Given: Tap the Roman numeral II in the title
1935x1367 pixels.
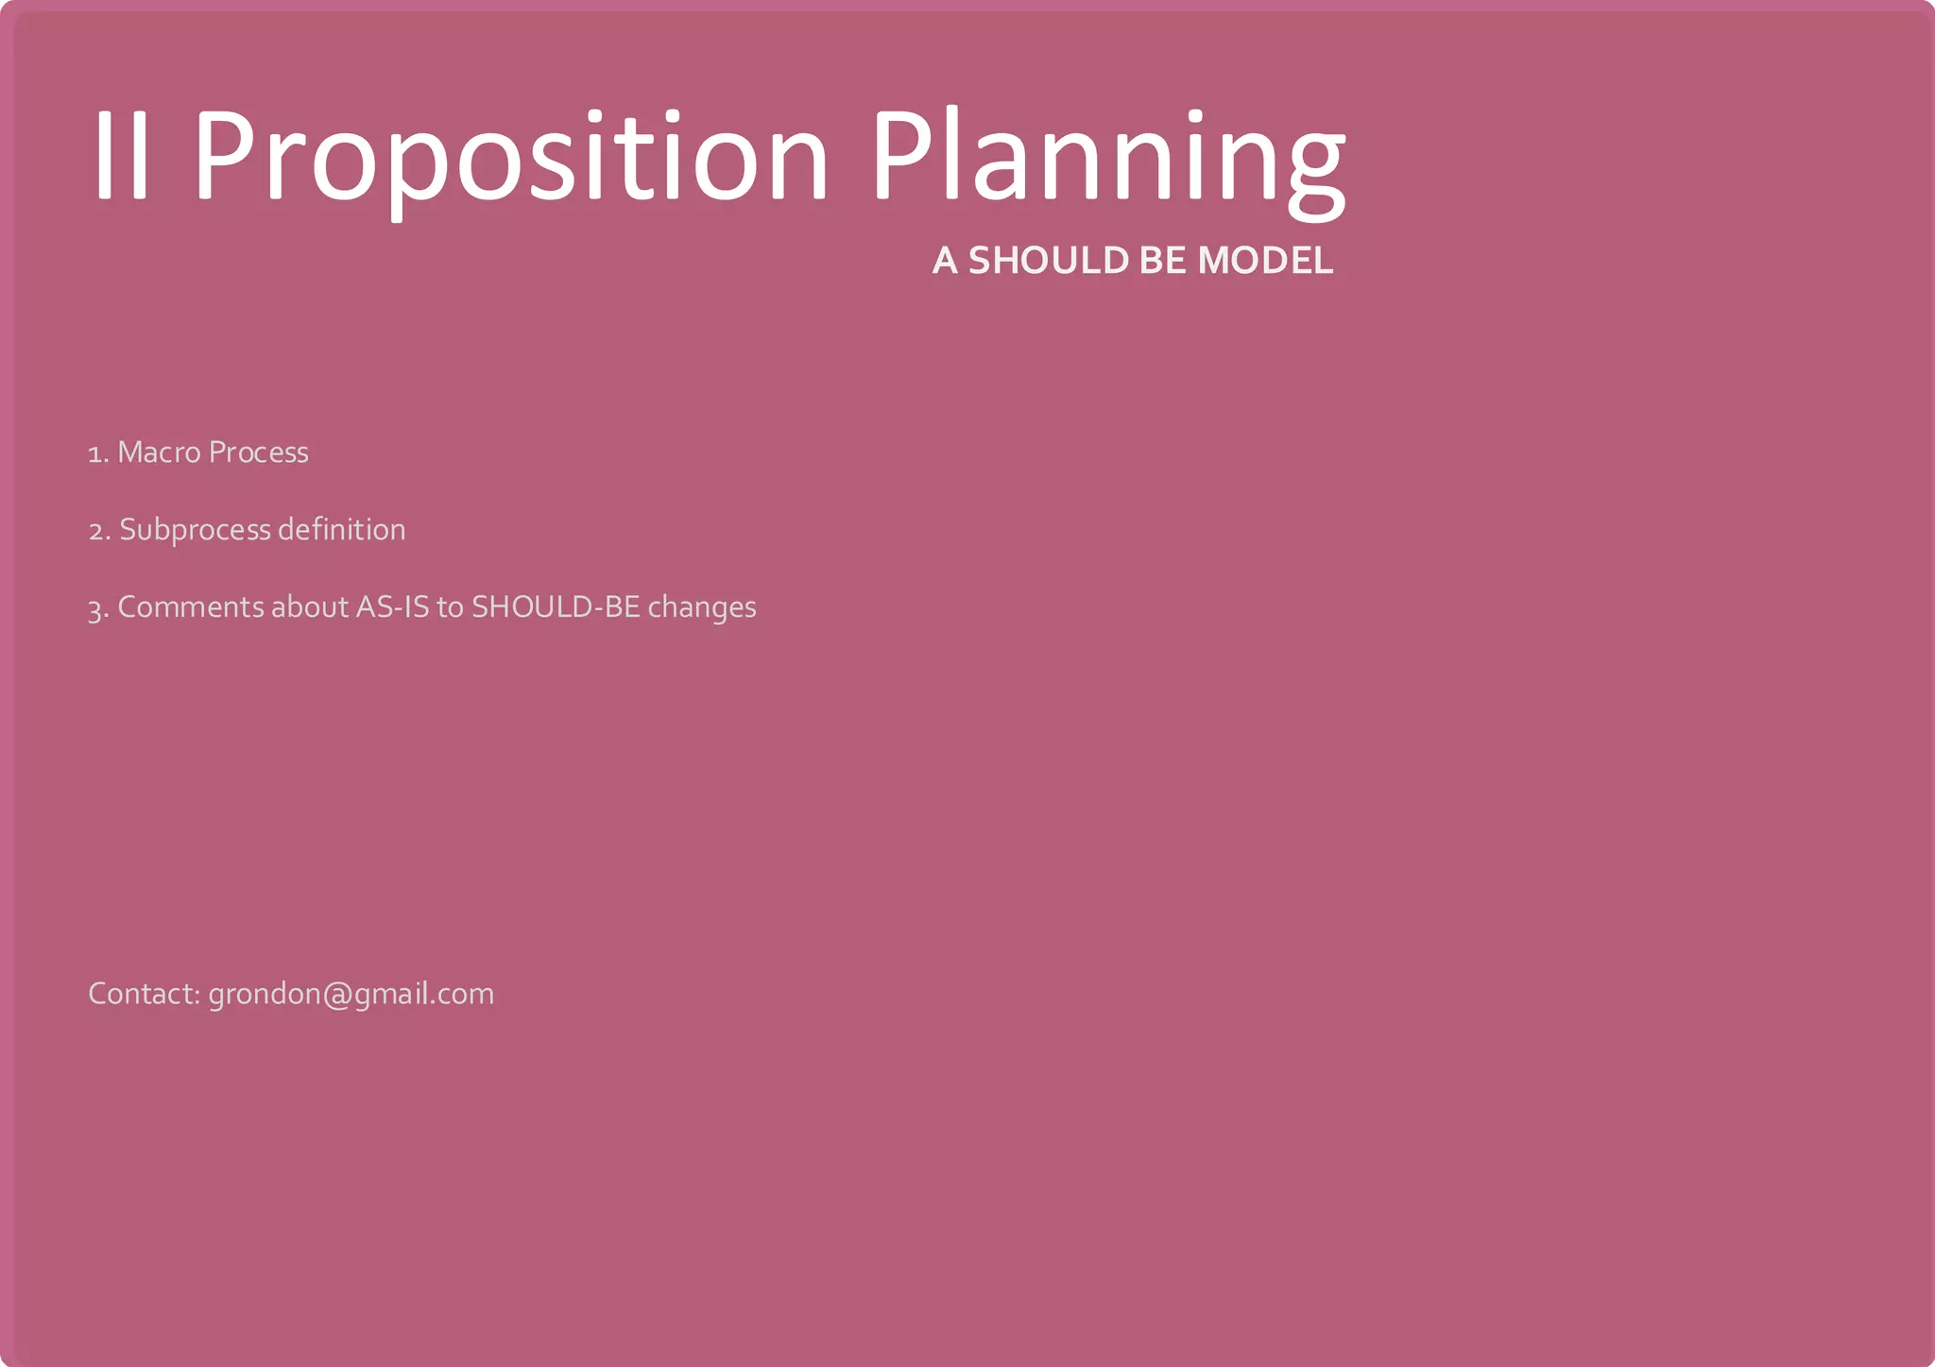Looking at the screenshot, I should tap(122, 156).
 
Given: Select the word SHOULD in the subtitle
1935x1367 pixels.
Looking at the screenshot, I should tap(1048, 261).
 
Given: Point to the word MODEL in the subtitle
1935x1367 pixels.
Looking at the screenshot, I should tap(1265, 261).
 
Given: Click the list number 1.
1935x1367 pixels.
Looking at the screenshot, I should tap(97, 454).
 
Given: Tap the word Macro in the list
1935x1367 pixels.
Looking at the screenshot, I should tap(159, 453).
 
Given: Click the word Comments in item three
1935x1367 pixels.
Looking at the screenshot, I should tap(191, 607).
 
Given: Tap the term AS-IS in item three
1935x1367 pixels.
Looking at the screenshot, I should tap(391, 607).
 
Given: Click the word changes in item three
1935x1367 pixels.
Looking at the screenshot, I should tap(702, 607).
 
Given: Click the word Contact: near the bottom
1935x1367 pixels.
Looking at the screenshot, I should tap(144, 994).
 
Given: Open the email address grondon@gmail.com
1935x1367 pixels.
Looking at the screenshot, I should tap(351, 995).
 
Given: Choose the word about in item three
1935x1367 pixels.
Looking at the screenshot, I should tap(310, 607).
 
